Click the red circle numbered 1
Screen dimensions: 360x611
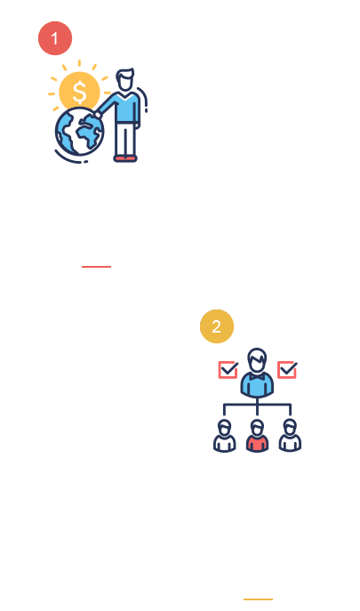(55, 38)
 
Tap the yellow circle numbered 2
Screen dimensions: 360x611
(217, 326)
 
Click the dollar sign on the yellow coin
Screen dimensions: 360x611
(79, 92)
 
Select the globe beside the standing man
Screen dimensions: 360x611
(79, 132)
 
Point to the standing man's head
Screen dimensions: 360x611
(125, 80)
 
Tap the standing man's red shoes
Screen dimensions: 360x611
(125, 158)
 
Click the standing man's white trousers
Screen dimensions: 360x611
(125, 140)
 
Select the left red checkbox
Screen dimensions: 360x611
(228, 370)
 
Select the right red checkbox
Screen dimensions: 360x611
(287, 370)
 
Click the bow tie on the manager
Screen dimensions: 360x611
(257, 377)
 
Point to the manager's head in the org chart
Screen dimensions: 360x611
(257, 360)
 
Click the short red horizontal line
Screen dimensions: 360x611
(96, 267)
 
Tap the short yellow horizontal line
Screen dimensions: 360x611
(258, 599)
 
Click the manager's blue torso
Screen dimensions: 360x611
(257, 385)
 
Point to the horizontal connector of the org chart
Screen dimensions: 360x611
(257, 404)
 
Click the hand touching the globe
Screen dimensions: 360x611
(97, 115)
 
